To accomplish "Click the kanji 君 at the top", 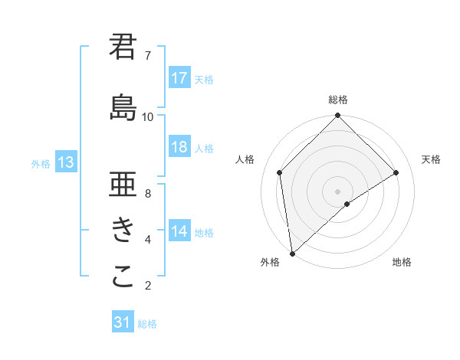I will pyautogui.click(x=123, y=47).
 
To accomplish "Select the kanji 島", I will pyautogui.click(x=123, y=107).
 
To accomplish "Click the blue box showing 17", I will pyautogui.click(x=179, y=78).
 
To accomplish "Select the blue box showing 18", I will pyautogui.click(x=179, y=147).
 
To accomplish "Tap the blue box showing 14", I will pyautogui.click(x=179, y=232).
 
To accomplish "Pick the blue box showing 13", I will pyautogui.click(x=65, y=162).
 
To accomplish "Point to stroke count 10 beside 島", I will pyautogui.click(x=148, y=116).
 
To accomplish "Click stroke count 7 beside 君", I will pyautogui.click(x=148, y=55).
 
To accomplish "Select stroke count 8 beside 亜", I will pyautogui.click(x=148, y=193).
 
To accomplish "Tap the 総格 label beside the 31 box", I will pyautogui.click(x=147, y=324).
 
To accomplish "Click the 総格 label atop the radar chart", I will pyautogui.click(x=337, y=100).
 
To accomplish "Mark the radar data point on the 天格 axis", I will pyautogui.click(x=396, y=172).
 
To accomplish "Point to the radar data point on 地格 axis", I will pyautogui.click(x=347, y=204).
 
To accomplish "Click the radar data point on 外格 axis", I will pyautogui.click(x=291, y=254).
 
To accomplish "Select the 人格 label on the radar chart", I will pyautogui.click(x=245, y=159).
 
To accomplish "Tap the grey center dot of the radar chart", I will pyautogui.click(x=337, y=190).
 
